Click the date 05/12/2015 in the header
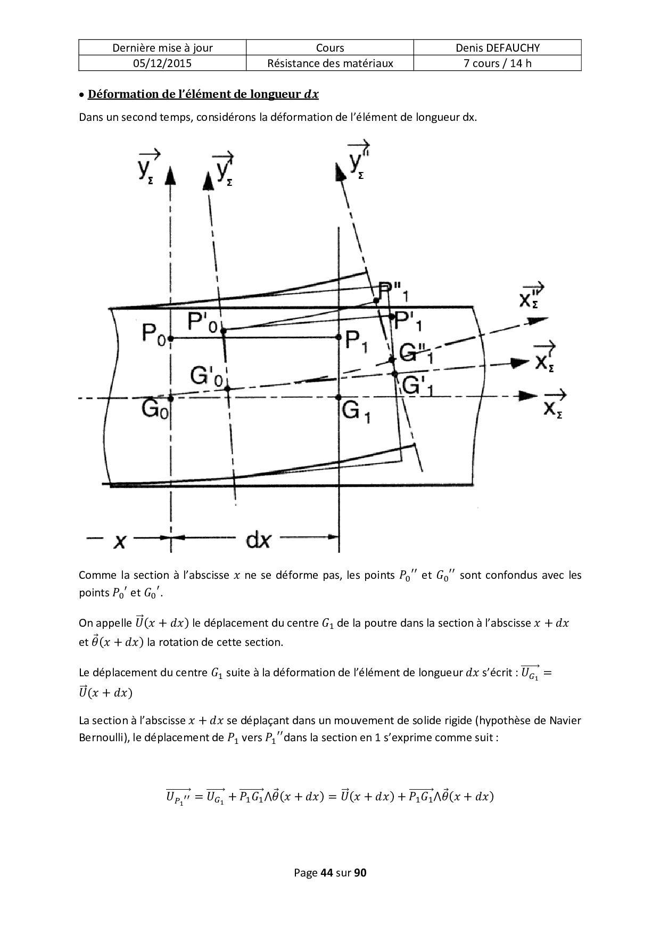tap(162, 63)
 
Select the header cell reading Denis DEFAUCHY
tap(497, 47)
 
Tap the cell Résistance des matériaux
tap(330, 63)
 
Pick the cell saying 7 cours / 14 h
tap(497, 63)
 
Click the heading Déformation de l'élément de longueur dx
tap(203, 94)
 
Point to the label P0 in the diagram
tap(154, 334)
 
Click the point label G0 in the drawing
tap(154, 409)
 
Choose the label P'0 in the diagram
tap(203, 322)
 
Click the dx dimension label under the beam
tap(258, 540)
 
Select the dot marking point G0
tap(171, 398)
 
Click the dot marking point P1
tap(339, 337)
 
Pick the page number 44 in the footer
tap(326, 873)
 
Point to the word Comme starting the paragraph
tap(97, 575)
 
